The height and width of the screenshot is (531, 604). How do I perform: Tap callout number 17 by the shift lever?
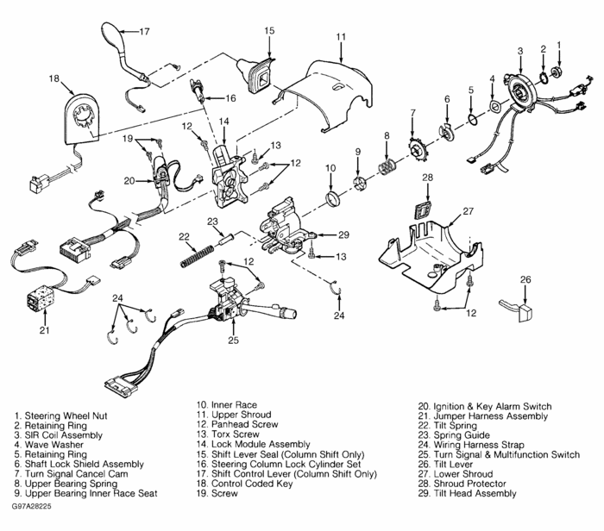pos(144,32)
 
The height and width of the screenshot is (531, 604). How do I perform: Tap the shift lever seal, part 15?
pos(261,72)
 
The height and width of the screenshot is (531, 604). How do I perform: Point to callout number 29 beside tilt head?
pos(343,234)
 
